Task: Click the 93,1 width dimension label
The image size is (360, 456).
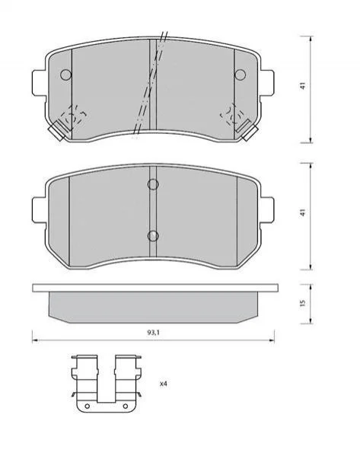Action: click(x=153, y=333)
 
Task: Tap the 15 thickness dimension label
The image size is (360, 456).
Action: click(x=303, y=303)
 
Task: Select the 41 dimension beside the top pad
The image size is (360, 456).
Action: click(x=303, y=86)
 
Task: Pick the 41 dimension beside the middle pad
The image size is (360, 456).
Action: click(x=303, y=212)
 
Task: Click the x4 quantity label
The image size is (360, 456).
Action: click(x=164, y=384)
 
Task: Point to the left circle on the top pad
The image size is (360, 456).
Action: click(x=65, y=75)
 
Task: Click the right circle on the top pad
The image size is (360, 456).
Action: click(x=241, y=75)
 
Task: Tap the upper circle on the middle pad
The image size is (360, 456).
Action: click(x=153, y=184)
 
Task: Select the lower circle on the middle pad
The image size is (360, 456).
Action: click(x=153, y=236)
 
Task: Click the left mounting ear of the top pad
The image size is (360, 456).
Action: click(x=39, y=82)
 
